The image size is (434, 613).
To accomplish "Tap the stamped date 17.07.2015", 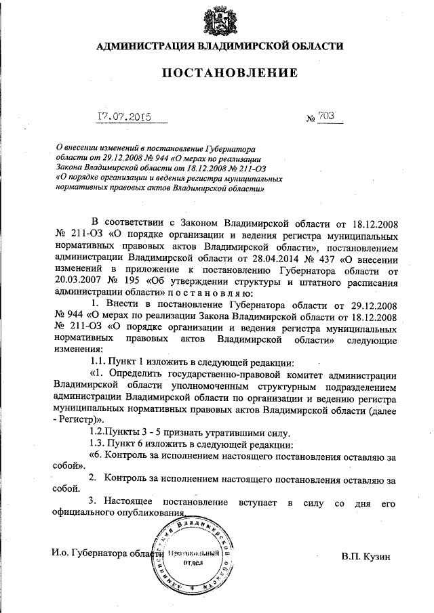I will click(x=123, y=117).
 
